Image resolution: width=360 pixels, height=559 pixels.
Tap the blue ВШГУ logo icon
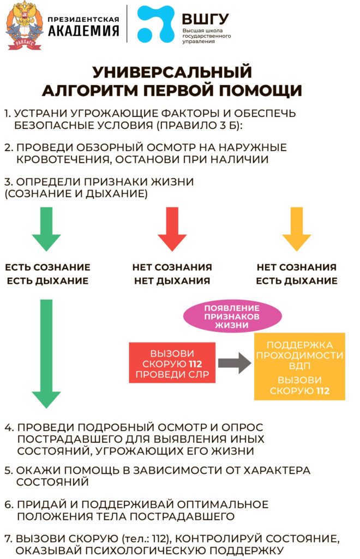[155, 25]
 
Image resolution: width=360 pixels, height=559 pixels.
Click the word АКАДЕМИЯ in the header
[83, 32]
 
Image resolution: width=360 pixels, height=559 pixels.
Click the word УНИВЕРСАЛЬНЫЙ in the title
[172, 72]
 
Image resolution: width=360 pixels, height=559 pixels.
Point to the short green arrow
[50, 229]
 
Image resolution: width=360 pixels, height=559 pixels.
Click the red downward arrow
[172, 229]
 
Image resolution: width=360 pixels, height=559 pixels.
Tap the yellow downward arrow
[297, 229]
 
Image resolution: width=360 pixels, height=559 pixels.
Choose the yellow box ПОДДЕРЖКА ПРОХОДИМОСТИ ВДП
[299, 355]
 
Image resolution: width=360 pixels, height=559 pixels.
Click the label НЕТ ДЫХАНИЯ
[172, 281]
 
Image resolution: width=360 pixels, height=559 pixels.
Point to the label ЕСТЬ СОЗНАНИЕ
[48, 267]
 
